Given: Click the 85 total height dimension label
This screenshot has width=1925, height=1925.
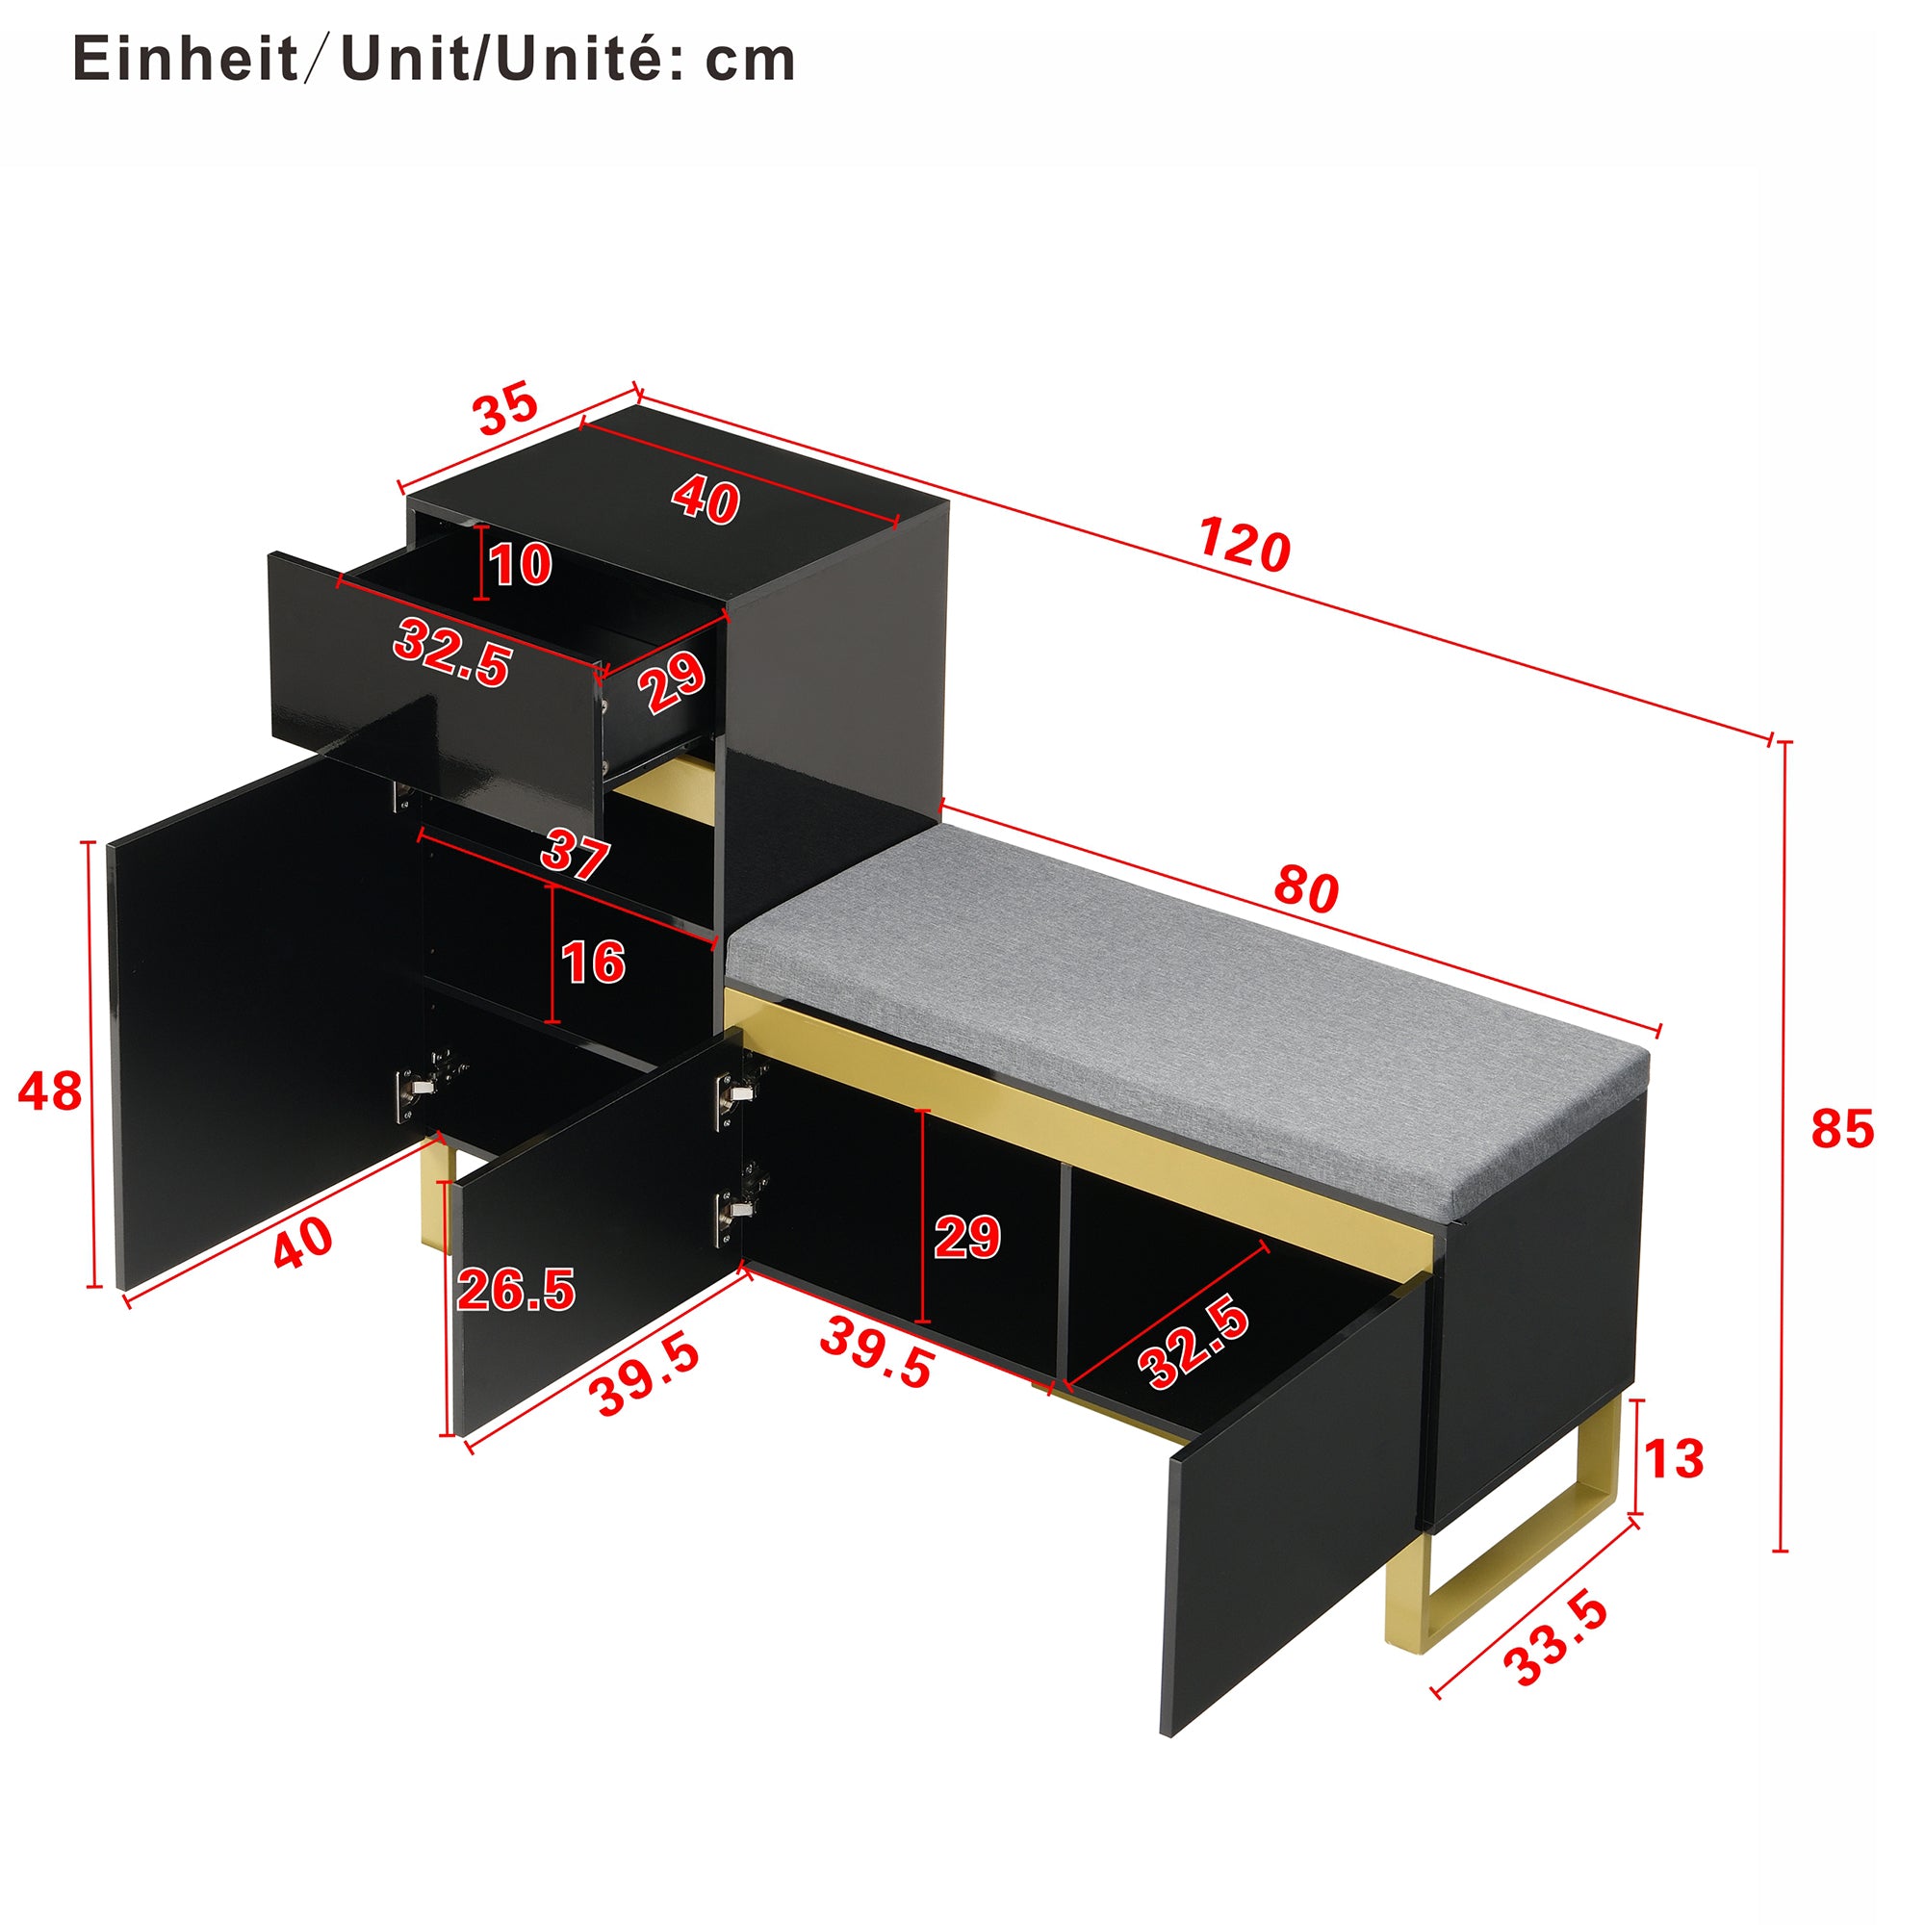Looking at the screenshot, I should click(x=1842, y=1130).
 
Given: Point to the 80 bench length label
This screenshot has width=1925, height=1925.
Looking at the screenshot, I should click(x=1306, y=888).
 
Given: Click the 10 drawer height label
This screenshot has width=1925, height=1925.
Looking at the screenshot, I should click(x=520, y=565).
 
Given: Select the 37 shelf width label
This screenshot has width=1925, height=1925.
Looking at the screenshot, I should click(x=575, y=855).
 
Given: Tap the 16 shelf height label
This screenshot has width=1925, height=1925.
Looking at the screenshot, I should click(x=593, y=962).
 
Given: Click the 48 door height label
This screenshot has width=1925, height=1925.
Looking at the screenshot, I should click(x=50, y=1091).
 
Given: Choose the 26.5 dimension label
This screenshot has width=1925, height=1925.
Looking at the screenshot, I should click(x=516, y=1291).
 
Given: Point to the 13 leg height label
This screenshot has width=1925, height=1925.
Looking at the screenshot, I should click(x=1674, y=1460).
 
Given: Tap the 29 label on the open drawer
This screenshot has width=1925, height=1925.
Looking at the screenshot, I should click(x=674, y=682).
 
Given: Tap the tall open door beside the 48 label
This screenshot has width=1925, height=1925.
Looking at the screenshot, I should click(x=259, y=1016).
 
